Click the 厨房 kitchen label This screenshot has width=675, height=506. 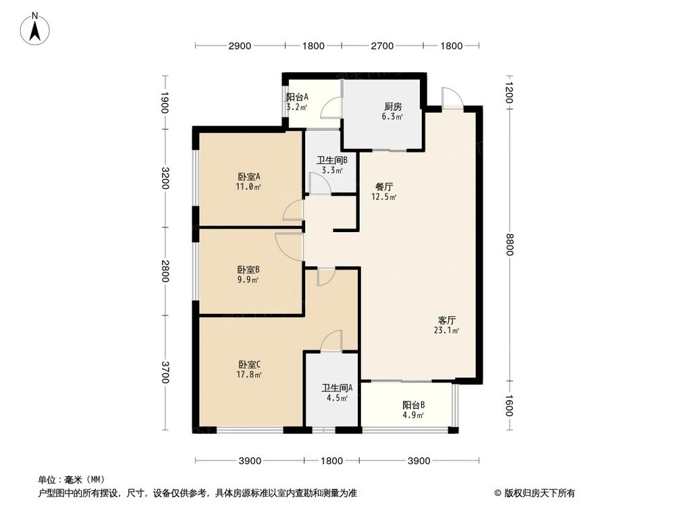pos(394,107)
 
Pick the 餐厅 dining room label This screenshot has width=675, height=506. pos(384,187)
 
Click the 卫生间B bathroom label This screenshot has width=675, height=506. pos(332,161)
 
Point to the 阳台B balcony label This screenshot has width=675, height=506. pos(413,405)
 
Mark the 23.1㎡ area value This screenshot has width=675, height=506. pos(447,331)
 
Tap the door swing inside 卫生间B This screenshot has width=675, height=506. pos(317,183)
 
